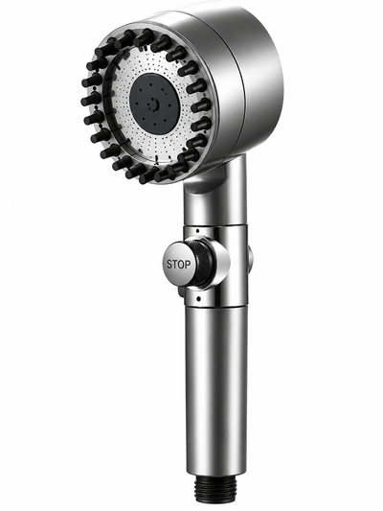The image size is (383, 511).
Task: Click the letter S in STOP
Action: point(169,264)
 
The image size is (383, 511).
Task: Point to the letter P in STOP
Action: point(187,265)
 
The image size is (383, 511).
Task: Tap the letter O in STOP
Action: point(181,265)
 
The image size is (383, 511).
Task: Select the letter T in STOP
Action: point(174,264)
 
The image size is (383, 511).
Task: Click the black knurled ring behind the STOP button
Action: point(202,264)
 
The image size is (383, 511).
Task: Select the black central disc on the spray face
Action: point(154,104)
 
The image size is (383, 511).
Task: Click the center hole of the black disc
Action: point(153,105)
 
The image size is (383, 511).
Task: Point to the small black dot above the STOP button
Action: point(197,231)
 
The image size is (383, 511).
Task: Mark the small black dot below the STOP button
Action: point(198,298)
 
